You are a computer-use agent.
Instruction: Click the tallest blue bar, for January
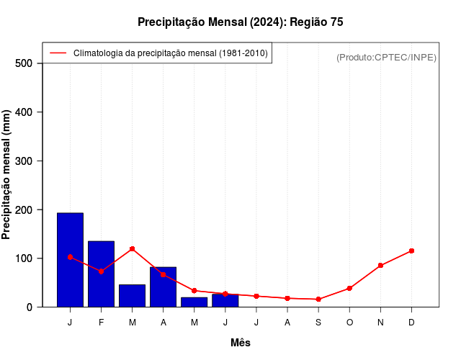click(x=70, y=260)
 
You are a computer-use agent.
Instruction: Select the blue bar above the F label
click(x=101, y=274)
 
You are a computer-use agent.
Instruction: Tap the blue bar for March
click(x=132, y=296)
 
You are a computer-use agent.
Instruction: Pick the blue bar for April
click(x=163, y=287)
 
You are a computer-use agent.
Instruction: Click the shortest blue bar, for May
click(x=194, y=302)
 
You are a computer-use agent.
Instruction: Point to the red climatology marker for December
click(x=411, y=251)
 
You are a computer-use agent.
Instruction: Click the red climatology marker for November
click(x=380, y=266)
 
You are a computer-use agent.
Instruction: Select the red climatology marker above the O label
click(x=349, y=288)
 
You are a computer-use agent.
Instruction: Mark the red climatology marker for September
click(x=318, y=299)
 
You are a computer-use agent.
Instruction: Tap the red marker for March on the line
click(x=132, y=248)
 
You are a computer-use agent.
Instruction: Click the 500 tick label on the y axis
click(x=24, y=63)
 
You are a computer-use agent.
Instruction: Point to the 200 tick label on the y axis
click(x=24, y=210)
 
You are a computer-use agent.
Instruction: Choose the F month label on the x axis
click(x=101, y=322)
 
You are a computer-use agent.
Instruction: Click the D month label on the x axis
click(x=411, y=322)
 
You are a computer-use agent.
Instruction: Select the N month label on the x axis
click(x=380, y=322)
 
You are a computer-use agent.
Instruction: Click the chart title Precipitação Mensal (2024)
click(x=240, y=22)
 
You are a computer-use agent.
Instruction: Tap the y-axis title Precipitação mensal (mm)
click(x=7, y=175)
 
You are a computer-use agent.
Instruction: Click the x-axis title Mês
click(x=241, y=343)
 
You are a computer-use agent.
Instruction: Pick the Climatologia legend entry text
click(x=171, y=53)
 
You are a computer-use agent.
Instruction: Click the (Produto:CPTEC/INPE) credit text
click(x=386, y=57)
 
